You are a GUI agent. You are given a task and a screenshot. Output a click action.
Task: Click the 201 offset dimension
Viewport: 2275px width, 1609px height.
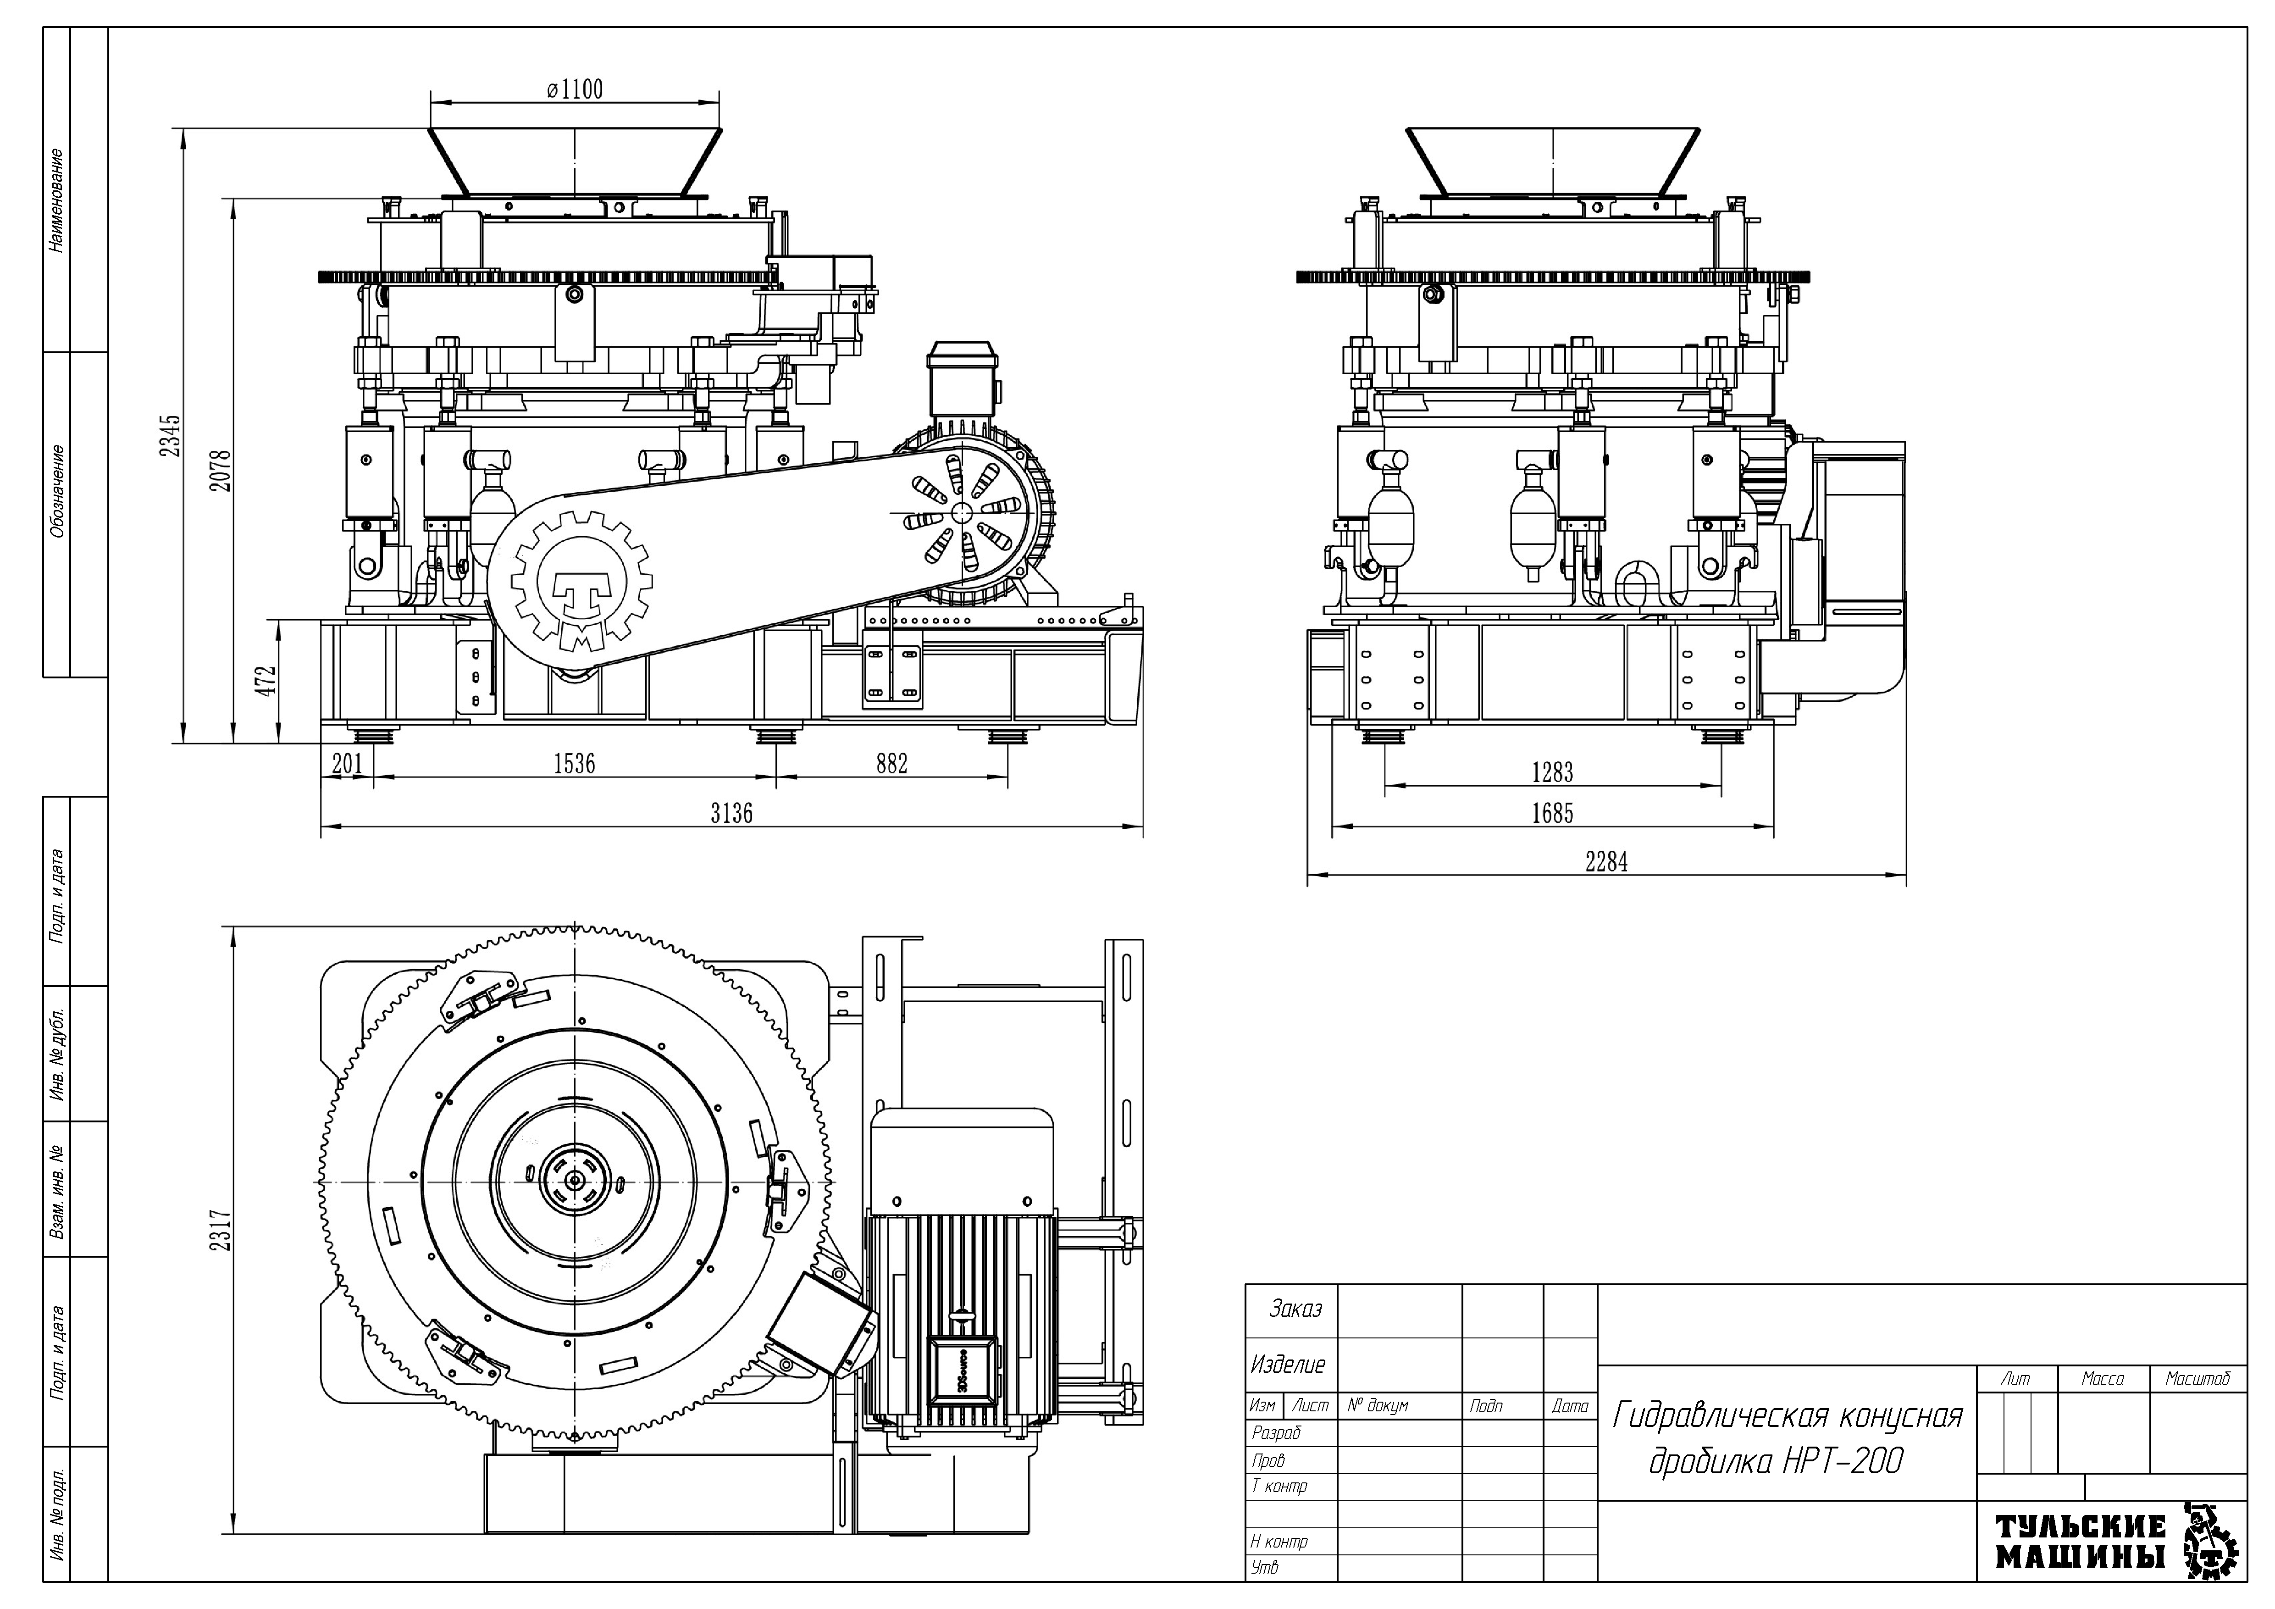coord(347,763)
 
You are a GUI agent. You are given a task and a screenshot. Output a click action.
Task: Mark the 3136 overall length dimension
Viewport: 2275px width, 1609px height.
coord(731,813)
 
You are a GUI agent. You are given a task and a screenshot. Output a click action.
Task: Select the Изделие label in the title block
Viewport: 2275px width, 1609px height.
coord(1288,1365)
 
